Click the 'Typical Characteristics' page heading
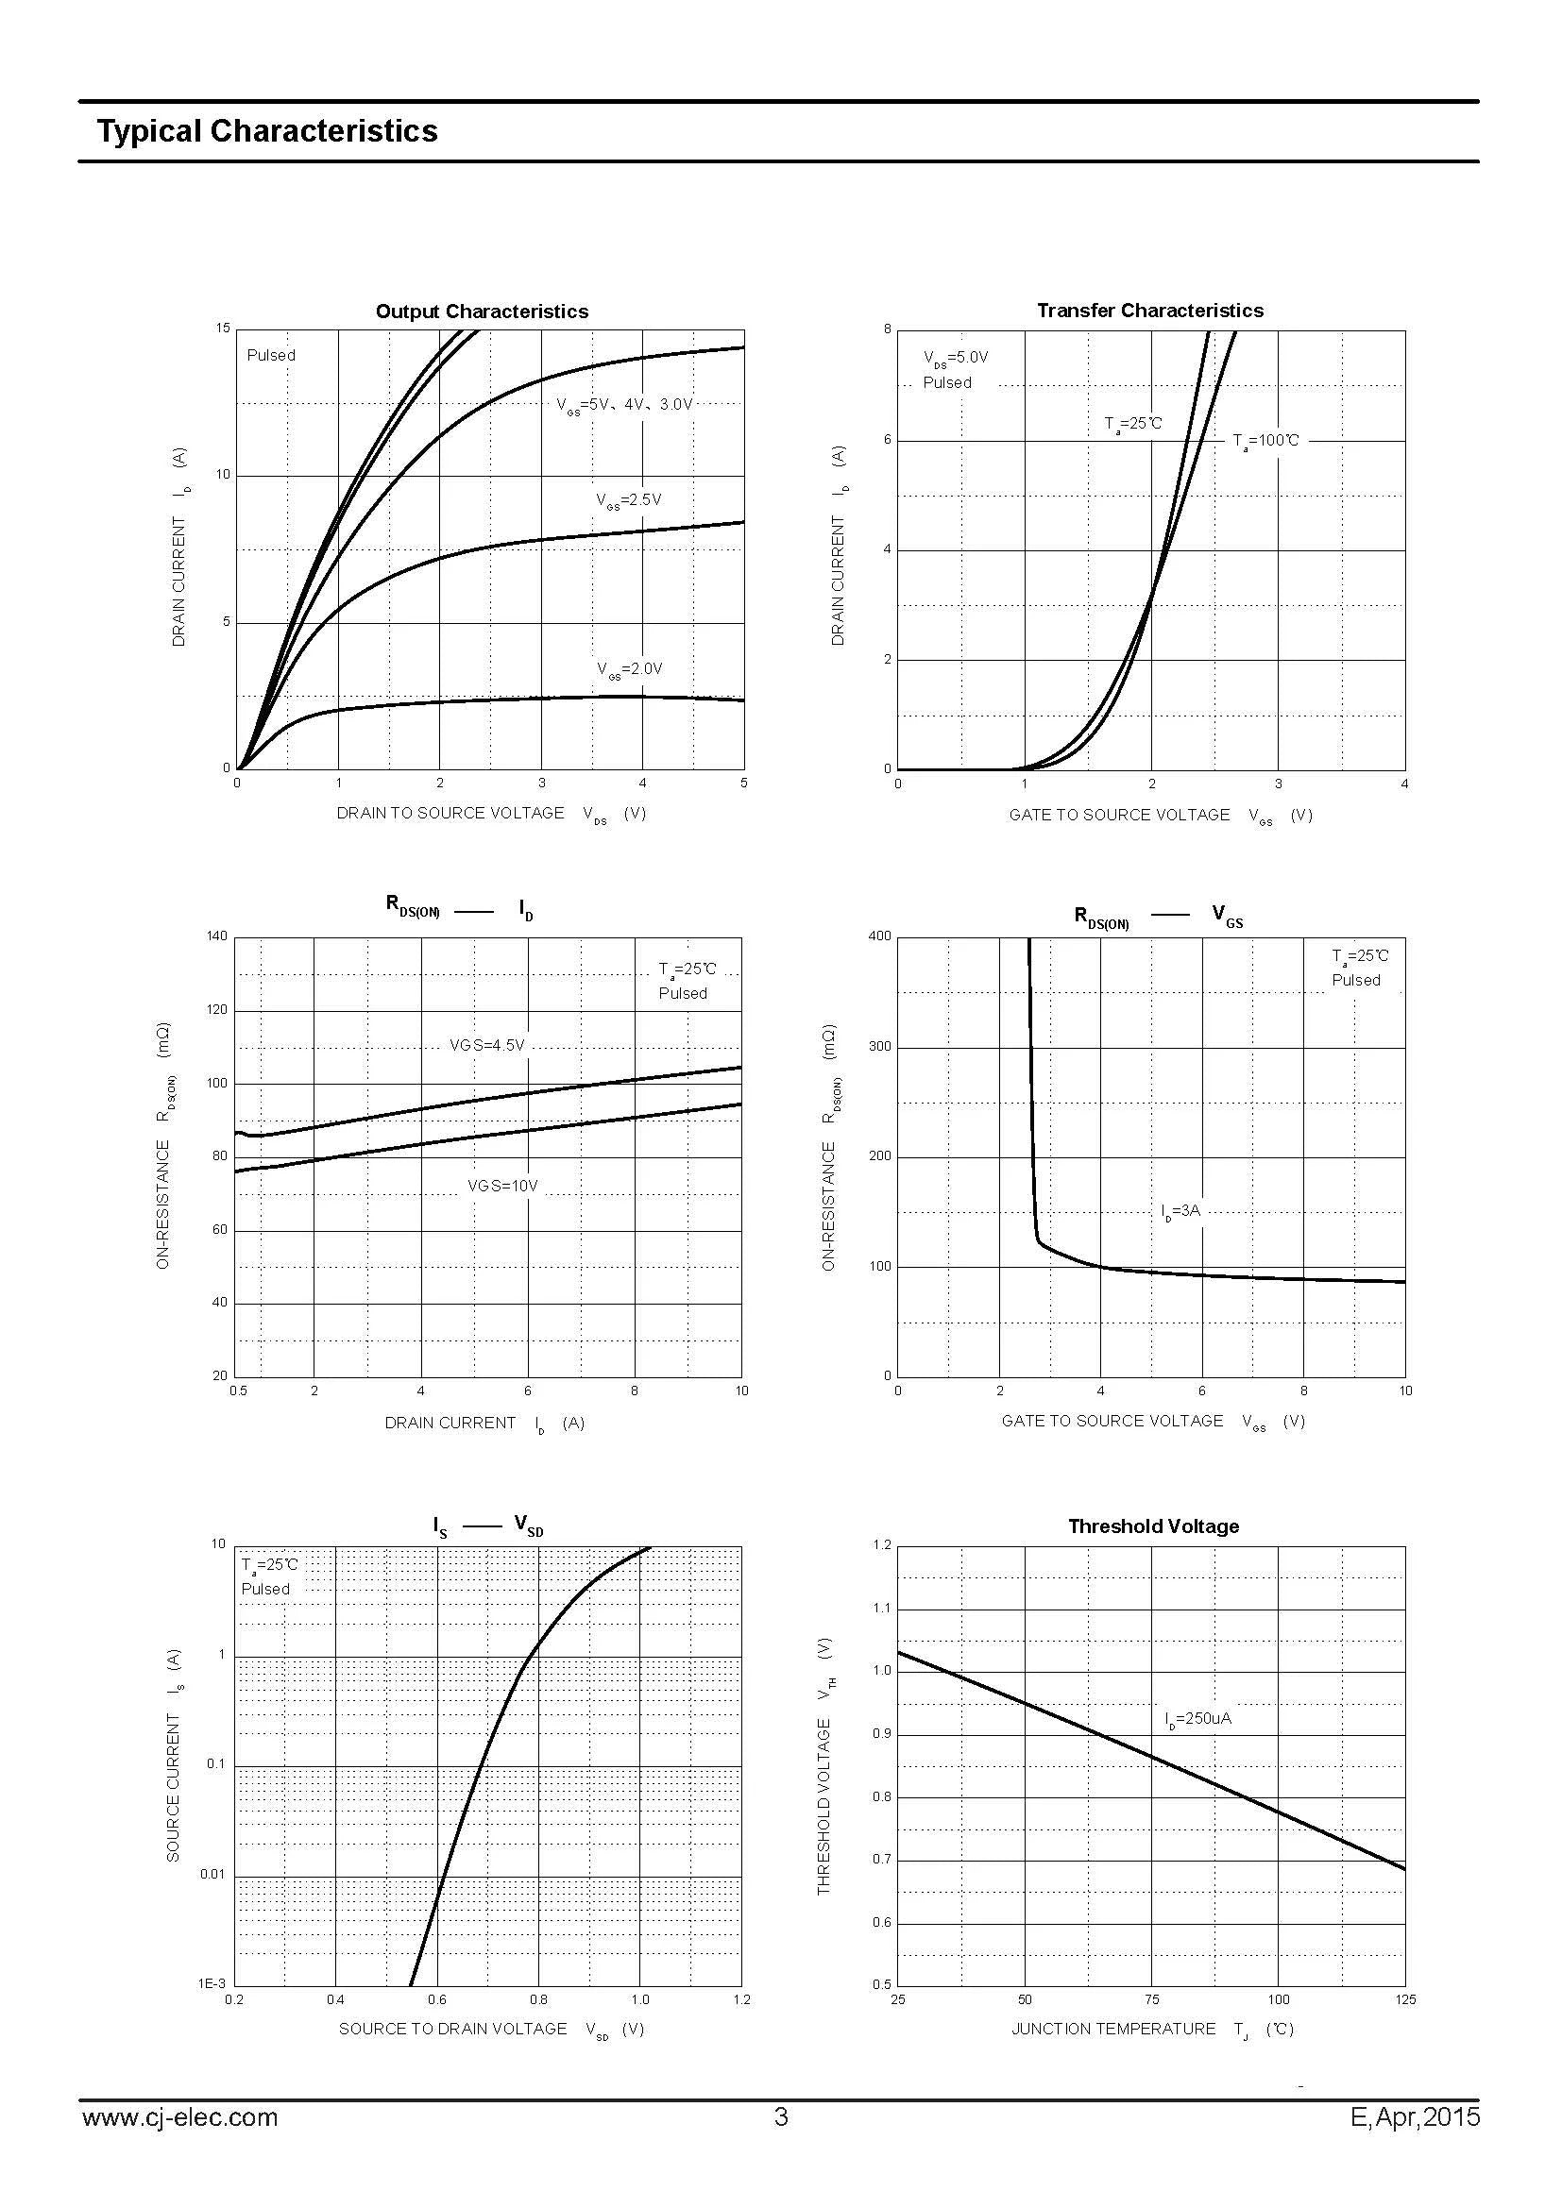click(267, 131)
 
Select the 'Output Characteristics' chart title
click(482, 312)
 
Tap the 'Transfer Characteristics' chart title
click(1150, 311)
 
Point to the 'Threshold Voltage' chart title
click(1153, 1526)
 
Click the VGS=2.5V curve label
click(629, 501)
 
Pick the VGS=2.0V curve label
click(630, 669)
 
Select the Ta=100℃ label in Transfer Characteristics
click(1265, 442)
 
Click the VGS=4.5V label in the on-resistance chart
click(487, 1045)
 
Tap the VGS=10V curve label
click(503, 1186)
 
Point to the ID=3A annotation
click(1181, 1211)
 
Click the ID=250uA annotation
click(1197, 1718)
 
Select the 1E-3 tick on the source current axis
click(212, 1984)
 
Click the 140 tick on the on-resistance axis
click(217, 935)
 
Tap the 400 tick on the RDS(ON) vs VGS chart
click(879, 935)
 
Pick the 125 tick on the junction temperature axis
click(1405, 1999)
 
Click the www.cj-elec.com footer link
click(179, 2117)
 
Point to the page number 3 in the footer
click(781, 2116)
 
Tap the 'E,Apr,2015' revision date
click(1416, 2117)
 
